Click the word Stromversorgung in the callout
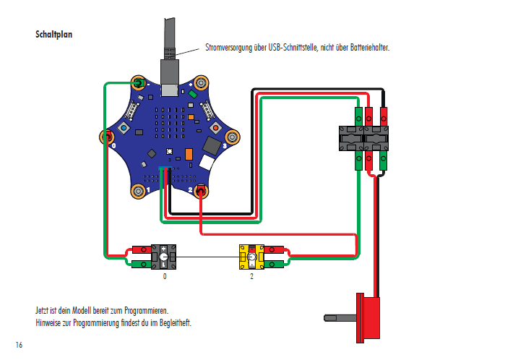point(230,48)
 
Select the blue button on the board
point(124,128)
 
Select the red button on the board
point(215,128)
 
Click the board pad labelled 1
point(137,191)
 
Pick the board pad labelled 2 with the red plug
point(201,191)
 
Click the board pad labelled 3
point(233,135)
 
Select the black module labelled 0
point(164,257)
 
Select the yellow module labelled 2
point(252,257)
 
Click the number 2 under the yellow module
point(252,276)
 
